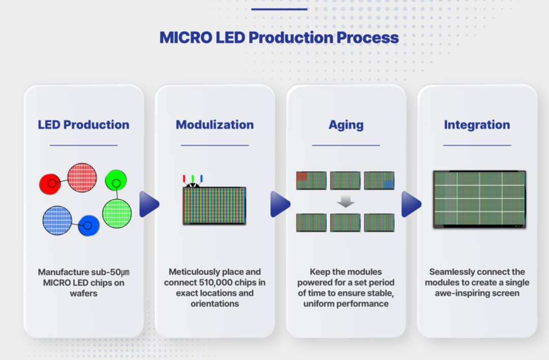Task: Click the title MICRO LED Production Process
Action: click(x=279, y=38)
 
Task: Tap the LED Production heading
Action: click(x=83, y=125)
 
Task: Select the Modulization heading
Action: click(x=215, y=125)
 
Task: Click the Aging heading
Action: click(x=346, y=125)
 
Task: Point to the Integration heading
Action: click(x=477, y=125)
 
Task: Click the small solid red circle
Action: click(x=50, y=184)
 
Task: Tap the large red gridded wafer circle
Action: click(x=82, y=177)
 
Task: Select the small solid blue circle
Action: click(x=88, y=225)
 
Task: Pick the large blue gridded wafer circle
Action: click(x=57, y=220)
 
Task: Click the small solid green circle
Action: click(x=116, y=181)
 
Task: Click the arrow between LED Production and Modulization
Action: click(x=149, y=204)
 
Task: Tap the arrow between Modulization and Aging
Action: click(x=280, y=204)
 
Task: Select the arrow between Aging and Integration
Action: click(x=411, y=204)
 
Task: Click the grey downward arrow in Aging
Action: click(x=346, y=202)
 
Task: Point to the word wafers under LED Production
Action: click(x=83, y=293)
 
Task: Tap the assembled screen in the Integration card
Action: click(x=479, y=199)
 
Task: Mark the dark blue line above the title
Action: click(x=279, y=9)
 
